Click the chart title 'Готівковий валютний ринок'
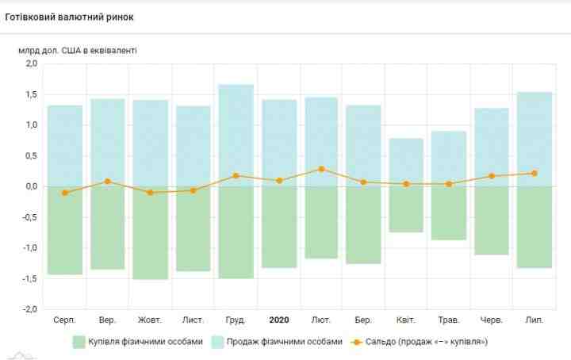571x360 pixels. coord(71,16)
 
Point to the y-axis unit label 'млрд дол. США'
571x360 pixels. coord(78,50)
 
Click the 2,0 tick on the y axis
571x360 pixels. coord(29,63)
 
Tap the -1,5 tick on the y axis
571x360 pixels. coord(28,278)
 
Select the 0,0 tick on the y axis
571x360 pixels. coord(29,186)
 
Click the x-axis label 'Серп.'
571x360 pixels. coord(65,320)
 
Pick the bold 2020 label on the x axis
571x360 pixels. coord(279,320)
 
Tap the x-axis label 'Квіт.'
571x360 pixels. coord(407,320)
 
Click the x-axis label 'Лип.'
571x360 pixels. coord(534,320)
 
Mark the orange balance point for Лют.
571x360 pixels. coord(321,169)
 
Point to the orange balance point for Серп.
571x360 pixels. coord(65,193)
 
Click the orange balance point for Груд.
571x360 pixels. coord(236,176)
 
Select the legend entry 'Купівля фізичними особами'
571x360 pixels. coord(137,342)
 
